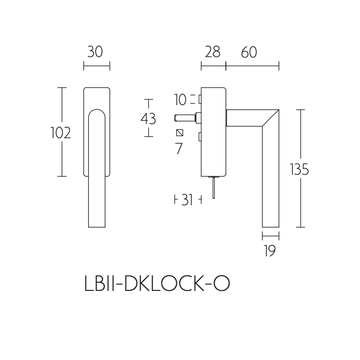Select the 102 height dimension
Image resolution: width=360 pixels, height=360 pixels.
[x=60, y=133]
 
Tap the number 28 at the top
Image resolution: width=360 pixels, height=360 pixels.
[x=212, y=52]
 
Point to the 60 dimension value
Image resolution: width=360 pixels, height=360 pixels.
[x=249, y=52]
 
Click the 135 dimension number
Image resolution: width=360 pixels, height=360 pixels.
[x=299, y=170]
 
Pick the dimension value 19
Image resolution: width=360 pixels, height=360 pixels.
[x=270, y=251]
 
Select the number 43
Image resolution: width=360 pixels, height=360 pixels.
[x=148, y=119]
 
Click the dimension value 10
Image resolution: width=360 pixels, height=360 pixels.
[x=180, y=100]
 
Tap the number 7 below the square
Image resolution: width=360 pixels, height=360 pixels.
[x=179, y=149]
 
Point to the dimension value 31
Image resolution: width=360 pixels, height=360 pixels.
[x=187, y=200]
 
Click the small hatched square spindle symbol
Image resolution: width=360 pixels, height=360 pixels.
[x=179, y=133]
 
